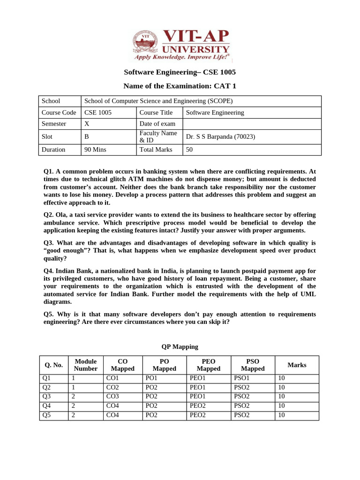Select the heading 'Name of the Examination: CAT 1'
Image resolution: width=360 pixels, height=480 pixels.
pyautogui.click(x=180, y=86)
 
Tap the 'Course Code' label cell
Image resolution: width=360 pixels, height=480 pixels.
pyautogui.click(x=59, y=112)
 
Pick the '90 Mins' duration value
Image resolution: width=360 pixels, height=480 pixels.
pyautogui.click(x=95, y=150)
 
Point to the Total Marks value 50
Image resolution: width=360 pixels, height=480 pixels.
pyautogui.click(x=189, y=150)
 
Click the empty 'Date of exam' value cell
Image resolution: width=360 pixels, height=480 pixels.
pyautogui.click(x=252, y=124)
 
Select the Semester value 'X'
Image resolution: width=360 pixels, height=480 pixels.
pyautogui.click(x=87, y=124)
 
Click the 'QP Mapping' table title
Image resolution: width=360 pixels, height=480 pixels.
pyautogui.click(x=180, y=347)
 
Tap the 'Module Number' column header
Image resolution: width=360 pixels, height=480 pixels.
pyautogui.click(x=86, y=365)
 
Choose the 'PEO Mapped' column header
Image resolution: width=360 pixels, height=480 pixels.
pyautogui.click(x=209, y=365)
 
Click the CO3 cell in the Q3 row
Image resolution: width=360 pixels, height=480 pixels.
pyautogui.click(x=113, y=397)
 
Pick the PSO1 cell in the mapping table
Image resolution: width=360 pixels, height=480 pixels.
pyautogui.click(x=242, y=378)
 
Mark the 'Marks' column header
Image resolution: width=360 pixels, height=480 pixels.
pyautogui.click(x=297, y=365)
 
